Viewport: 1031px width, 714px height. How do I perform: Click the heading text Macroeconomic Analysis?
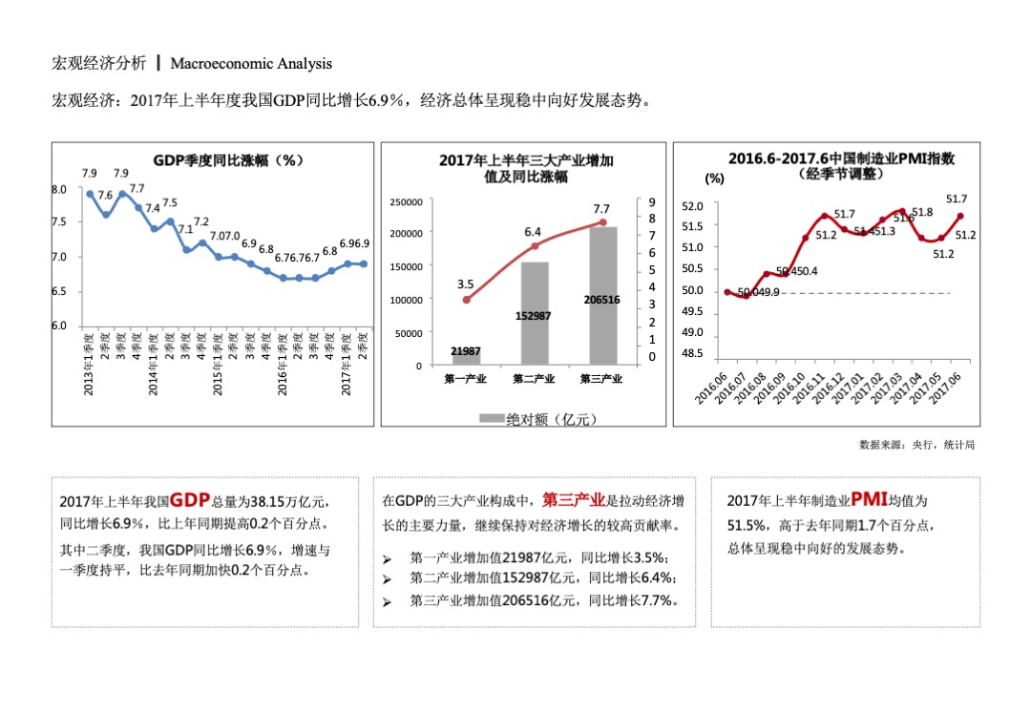coord(251,64)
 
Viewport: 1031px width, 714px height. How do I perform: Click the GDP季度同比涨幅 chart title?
coord(228,160)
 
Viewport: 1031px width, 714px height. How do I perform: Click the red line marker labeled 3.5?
coord(466,300)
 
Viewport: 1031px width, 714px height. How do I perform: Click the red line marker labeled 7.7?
coord(602,222)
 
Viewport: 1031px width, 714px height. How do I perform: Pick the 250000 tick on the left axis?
coord(406,202)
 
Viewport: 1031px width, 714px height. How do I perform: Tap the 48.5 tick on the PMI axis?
coord(692,354)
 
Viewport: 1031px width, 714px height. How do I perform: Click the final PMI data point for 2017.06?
coord(959,216)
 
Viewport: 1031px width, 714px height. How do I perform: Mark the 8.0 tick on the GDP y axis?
coord(59,189)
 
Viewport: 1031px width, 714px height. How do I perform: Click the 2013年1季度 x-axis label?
coord(89,363)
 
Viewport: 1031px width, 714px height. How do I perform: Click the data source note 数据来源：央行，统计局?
coord(916,445)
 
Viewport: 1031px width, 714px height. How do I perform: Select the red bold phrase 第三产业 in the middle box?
coord(573,499)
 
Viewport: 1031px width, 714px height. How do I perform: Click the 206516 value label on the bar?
coord(601,300)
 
